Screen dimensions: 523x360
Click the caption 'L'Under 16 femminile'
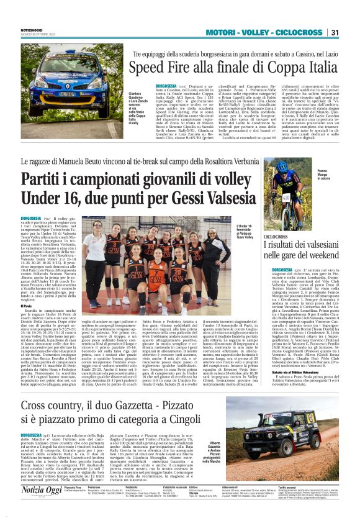coord(246,230)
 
